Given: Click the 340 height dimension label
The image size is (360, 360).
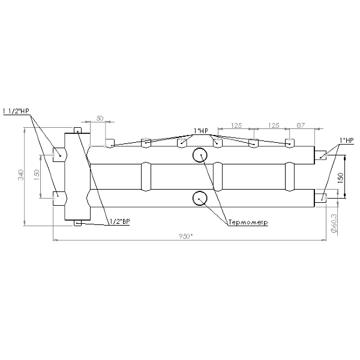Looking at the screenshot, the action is pos(21,175).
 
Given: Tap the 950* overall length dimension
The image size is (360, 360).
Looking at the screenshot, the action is pos(185,236).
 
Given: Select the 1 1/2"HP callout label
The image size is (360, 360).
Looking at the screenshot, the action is pos(16,111).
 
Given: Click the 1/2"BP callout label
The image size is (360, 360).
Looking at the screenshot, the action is pos(119,221).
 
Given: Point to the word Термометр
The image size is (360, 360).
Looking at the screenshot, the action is pos(248,222).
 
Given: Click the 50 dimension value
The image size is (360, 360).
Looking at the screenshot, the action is pos(100,118).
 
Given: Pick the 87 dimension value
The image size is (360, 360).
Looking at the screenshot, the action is pos(301,125).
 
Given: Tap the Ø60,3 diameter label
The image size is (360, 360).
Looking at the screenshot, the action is pos(334,223).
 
